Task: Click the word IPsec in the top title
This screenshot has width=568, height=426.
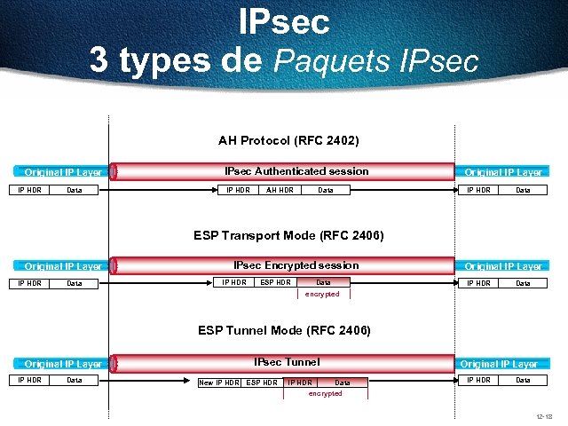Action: tap(284, 21)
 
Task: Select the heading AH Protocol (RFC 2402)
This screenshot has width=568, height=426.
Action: tap(288, 140)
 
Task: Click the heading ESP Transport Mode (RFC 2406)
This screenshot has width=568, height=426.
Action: tap(288, 235)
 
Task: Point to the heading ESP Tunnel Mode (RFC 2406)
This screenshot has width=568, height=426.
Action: tap(284, 330)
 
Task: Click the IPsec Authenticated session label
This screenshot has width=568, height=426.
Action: tap(296, 171)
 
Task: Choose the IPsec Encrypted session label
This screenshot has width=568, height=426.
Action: tap(296, 265)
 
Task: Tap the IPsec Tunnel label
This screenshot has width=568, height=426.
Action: tap(286, 362)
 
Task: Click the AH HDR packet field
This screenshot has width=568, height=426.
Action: tap(280, 190)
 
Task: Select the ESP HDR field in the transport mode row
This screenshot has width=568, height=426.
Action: tap(275, 283)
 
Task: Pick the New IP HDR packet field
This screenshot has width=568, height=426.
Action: tap(219, 383)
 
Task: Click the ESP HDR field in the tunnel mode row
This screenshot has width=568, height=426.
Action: tap(262, 383)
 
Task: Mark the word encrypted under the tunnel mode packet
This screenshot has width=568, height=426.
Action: tap(324, 393)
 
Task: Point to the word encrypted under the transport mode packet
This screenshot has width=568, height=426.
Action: tap(321, 294)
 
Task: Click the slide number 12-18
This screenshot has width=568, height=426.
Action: tap(544, 416)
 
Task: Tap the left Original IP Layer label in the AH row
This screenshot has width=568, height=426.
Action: tap(62, 172)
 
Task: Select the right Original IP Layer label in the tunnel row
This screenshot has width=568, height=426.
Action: tap(499, 364)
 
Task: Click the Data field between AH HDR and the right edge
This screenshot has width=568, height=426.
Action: tap(326, 190)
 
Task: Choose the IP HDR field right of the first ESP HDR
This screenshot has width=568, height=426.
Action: tap(299, 383)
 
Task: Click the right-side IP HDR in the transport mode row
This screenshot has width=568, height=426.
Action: tap(478, 284)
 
